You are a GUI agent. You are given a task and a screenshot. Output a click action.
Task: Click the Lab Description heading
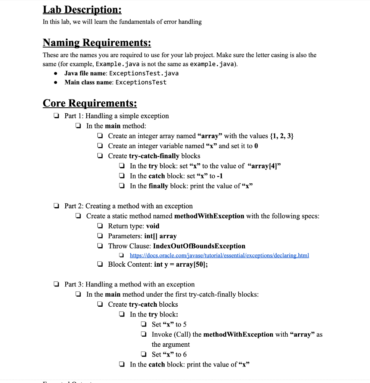pyautogui.click(x=82, y=9)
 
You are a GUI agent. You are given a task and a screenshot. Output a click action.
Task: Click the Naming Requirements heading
pyautogui.click(x=97, y=43)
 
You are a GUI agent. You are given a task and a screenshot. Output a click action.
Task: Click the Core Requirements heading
pyautogui.click(x=90, y=102)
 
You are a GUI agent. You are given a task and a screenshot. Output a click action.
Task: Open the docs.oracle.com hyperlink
pyautogui.click(x=219, y=255)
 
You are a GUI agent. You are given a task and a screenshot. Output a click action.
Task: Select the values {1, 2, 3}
pyautogui.click(x=282, y=136)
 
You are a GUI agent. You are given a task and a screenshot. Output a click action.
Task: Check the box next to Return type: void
pyautogui.click(x=100, y=226)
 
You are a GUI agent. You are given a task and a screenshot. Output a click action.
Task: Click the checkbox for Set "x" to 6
pyautogui.click(x=143, y=355)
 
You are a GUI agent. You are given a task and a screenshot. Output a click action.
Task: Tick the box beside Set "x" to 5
pyautogui.click(x=143, y=325)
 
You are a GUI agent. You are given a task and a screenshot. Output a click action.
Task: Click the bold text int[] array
pyautogui.click(x=160, y=236)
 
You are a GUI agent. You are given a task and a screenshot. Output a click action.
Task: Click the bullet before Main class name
pyautogui.click(x=56, y=82)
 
